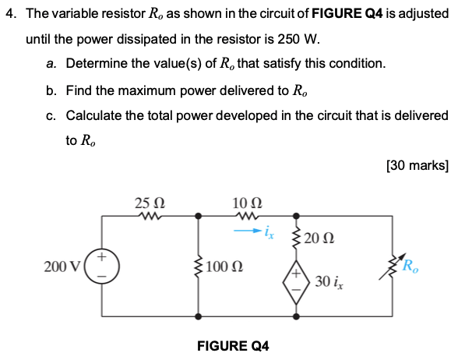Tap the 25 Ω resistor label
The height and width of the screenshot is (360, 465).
(x=148, y=203)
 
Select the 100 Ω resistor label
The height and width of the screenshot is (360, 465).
(x=227, y=267)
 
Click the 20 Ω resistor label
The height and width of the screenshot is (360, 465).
(x=319, y=238)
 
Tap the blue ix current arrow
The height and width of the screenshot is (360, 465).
(x=248, y=231)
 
